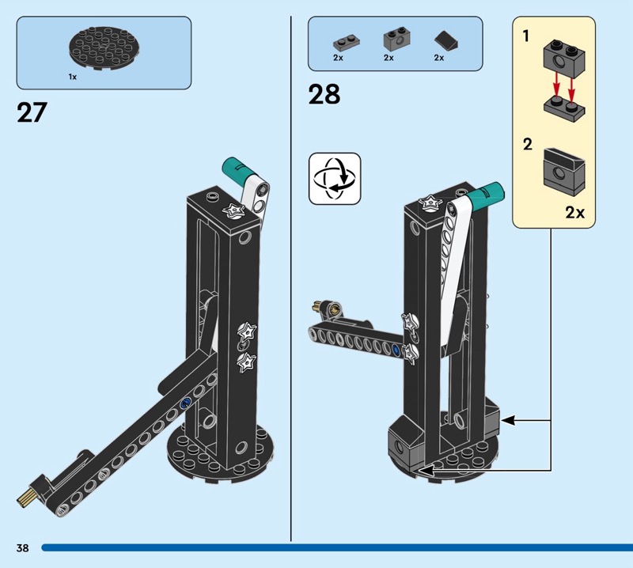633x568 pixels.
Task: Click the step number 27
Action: pyautogui.click(x=32, y=112)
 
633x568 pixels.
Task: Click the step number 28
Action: pyautogui.click(x=324, y=94)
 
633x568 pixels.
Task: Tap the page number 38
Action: pyautogui.click(x=23, y=547)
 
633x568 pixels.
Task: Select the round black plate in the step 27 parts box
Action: pyautogui.click(x=104, y=47)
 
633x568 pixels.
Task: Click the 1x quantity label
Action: pyautogui.click(x=73, y=77)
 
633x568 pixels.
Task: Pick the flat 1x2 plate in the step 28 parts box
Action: pyautogui.click(x=347, y=43)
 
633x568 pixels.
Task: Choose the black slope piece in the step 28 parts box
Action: pyautogui.click(x=446, y=42)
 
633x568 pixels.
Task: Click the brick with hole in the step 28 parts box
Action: pyautogui.click(x=395, y=40)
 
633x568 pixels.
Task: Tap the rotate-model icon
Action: pyautogui.click(x=335, y=179)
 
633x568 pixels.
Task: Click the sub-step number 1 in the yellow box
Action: pyautogui.click(x=525, y=36)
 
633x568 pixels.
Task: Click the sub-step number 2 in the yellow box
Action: pyautogui.click(x=527, y=145)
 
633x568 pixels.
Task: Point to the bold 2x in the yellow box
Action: pyautogui.click(x=575, y=212)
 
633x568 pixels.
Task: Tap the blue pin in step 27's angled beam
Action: pyautogui.click(x=186, y=402)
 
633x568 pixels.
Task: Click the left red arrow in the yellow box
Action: pyautogui.click(x=557, y=86)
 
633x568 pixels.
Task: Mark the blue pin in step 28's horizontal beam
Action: pyautogui.click(x=396, y=350)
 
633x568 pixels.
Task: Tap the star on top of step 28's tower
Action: pyautogui.click(x=429, y=202)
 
